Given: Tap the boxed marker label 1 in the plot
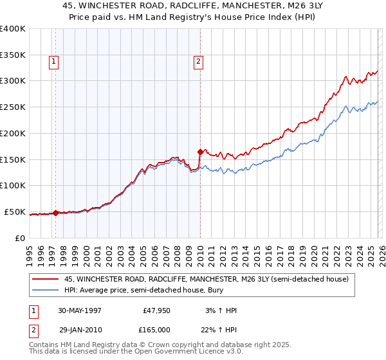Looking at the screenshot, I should (x=53, y=62).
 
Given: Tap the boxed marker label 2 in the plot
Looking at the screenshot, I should (x=198, y=62).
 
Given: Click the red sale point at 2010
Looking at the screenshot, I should (x=200, y=152).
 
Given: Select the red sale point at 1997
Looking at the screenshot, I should (x=56, y=213).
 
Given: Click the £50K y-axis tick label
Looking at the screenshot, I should (x=14, y=212).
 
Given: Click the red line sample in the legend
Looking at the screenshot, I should (x=46, y=280).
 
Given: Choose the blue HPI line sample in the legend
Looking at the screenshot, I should (x=46, y=291).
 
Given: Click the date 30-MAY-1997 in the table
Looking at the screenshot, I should (x=80, y=310).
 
